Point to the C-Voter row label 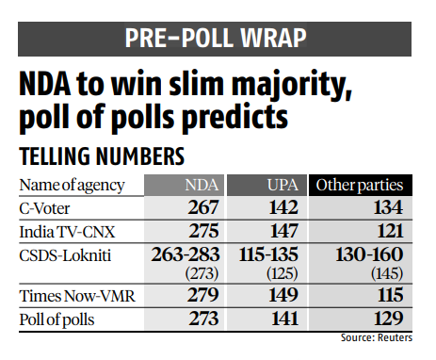click(x=46, y=207)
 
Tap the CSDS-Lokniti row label click(x=63, y=254)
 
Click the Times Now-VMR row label click(x=72, y=296)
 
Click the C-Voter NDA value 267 click(x=202, y=207)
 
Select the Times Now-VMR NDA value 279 click(x=202, y=296)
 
